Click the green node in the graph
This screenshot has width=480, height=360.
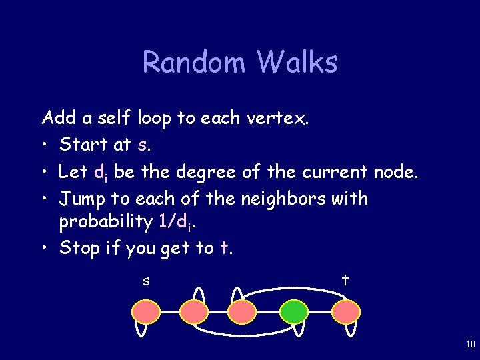[x=293, y=311]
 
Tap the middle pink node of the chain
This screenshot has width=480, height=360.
[x=242, y=311]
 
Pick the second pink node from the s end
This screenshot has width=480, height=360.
[x=194, y=311]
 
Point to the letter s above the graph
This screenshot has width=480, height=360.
[x=146, y=281]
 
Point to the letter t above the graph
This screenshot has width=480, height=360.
[x=345, y=280]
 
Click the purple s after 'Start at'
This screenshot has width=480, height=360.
[x=142, y=145]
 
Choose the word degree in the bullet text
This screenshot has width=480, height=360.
[x=200, y=172]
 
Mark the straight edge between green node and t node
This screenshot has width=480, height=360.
[x=319, y=311]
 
